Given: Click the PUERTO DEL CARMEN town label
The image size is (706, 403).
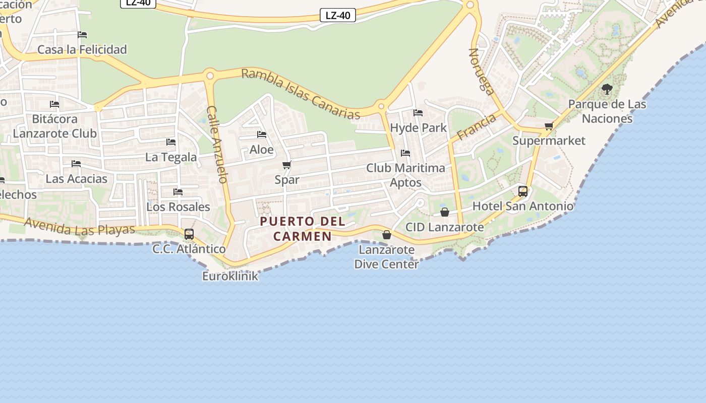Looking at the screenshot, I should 303,229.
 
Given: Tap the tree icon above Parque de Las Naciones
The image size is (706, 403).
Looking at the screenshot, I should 607,90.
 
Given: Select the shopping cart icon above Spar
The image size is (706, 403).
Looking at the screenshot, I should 287,165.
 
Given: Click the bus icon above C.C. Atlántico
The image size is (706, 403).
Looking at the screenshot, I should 189,234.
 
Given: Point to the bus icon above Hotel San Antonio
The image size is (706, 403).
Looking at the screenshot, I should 523,191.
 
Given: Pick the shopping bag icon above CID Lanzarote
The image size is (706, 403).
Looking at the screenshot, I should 444,213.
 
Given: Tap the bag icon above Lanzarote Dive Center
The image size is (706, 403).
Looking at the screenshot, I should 386,235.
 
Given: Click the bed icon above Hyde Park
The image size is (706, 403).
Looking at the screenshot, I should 418,113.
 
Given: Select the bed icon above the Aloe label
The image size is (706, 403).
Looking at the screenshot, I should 262,135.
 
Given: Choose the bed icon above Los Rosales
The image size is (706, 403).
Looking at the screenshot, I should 178,192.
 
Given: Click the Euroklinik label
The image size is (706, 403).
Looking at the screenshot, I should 230,276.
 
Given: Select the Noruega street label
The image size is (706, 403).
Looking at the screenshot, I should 481,72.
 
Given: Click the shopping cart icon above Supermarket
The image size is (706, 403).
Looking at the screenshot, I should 549,126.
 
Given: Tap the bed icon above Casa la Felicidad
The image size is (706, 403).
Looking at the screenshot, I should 82,35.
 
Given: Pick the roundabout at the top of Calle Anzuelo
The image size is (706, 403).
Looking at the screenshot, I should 210,76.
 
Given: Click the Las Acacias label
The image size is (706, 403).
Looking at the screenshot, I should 77,179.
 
